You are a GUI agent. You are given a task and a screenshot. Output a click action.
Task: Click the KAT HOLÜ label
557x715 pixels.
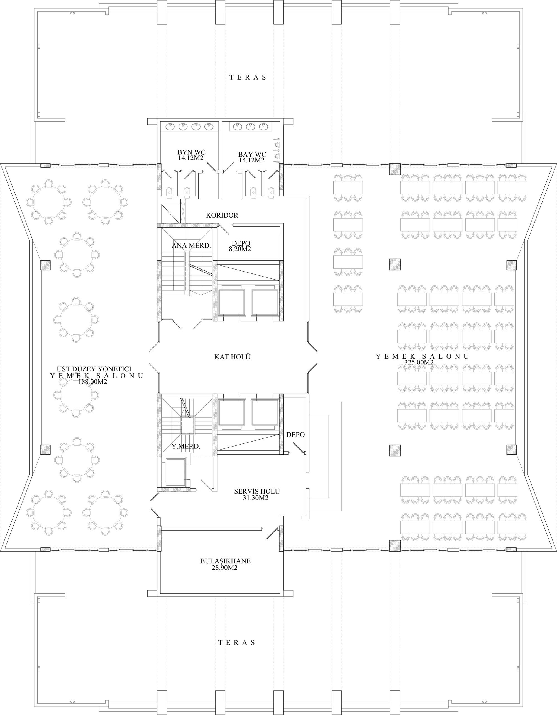(x=232, y=357)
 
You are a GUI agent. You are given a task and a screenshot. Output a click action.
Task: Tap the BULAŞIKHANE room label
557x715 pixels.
(x=225, y=561)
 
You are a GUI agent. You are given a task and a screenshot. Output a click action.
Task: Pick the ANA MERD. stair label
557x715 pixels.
(x=191, y=246)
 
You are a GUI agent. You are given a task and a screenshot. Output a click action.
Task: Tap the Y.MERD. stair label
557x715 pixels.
(x=186, y=446)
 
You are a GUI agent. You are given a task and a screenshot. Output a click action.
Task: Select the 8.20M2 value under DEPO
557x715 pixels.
(x=241, y=249)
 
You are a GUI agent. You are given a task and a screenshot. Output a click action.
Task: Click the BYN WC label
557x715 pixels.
(x=191, y=152)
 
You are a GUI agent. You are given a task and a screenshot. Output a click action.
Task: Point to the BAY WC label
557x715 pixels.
(x=252, y=154)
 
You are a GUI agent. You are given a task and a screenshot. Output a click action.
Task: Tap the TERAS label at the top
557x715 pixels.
(x=248, y=78)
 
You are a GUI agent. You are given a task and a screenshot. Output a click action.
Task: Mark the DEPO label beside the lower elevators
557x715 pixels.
(x=295, y=435)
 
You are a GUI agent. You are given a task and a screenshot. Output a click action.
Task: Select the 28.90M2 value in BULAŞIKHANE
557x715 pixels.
(x=224, y=568)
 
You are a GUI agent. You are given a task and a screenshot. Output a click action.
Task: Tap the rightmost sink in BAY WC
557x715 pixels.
(x=263, y=126)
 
